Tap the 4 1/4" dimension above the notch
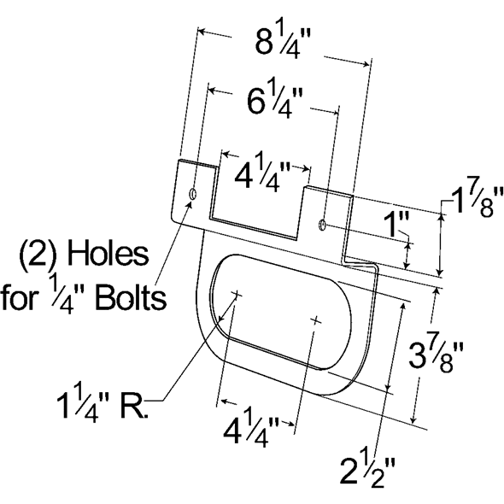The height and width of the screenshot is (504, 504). point(262,173)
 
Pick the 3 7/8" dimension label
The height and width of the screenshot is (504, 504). point(436,356)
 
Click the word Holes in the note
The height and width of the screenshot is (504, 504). point(108,255)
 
